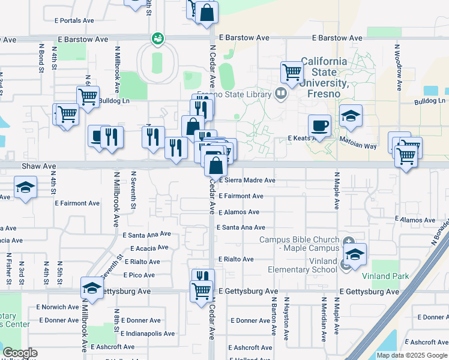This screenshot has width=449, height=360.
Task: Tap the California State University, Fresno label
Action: tap(324, 77)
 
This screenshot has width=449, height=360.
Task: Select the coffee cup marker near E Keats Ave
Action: tap(319, 126)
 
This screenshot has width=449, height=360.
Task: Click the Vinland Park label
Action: tap(385, 276)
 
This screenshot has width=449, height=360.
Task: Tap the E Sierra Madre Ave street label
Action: tap(247, 180)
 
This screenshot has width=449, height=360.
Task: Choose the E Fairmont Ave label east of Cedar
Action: tap(241, 196)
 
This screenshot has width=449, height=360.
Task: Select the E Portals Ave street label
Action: tap(73, 20)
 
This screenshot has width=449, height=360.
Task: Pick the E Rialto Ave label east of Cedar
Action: tap(236, 259)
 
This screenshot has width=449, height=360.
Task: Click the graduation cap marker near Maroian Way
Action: tap(351, 116)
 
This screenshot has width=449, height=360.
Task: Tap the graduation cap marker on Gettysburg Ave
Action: tap(92, 290)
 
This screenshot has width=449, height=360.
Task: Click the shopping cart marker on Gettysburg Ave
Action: tap(202, 291)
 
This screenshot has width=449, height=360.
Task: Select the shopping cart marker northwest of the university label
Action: tap(292, 73)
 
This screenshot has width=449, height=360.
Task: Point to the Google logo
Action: tap(20, 353)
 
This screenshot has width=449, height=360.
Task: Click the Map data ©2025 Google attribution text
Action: tap(412, 356)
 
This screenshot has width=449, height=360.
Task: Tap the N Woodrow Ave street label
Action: tap(398, 67)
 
